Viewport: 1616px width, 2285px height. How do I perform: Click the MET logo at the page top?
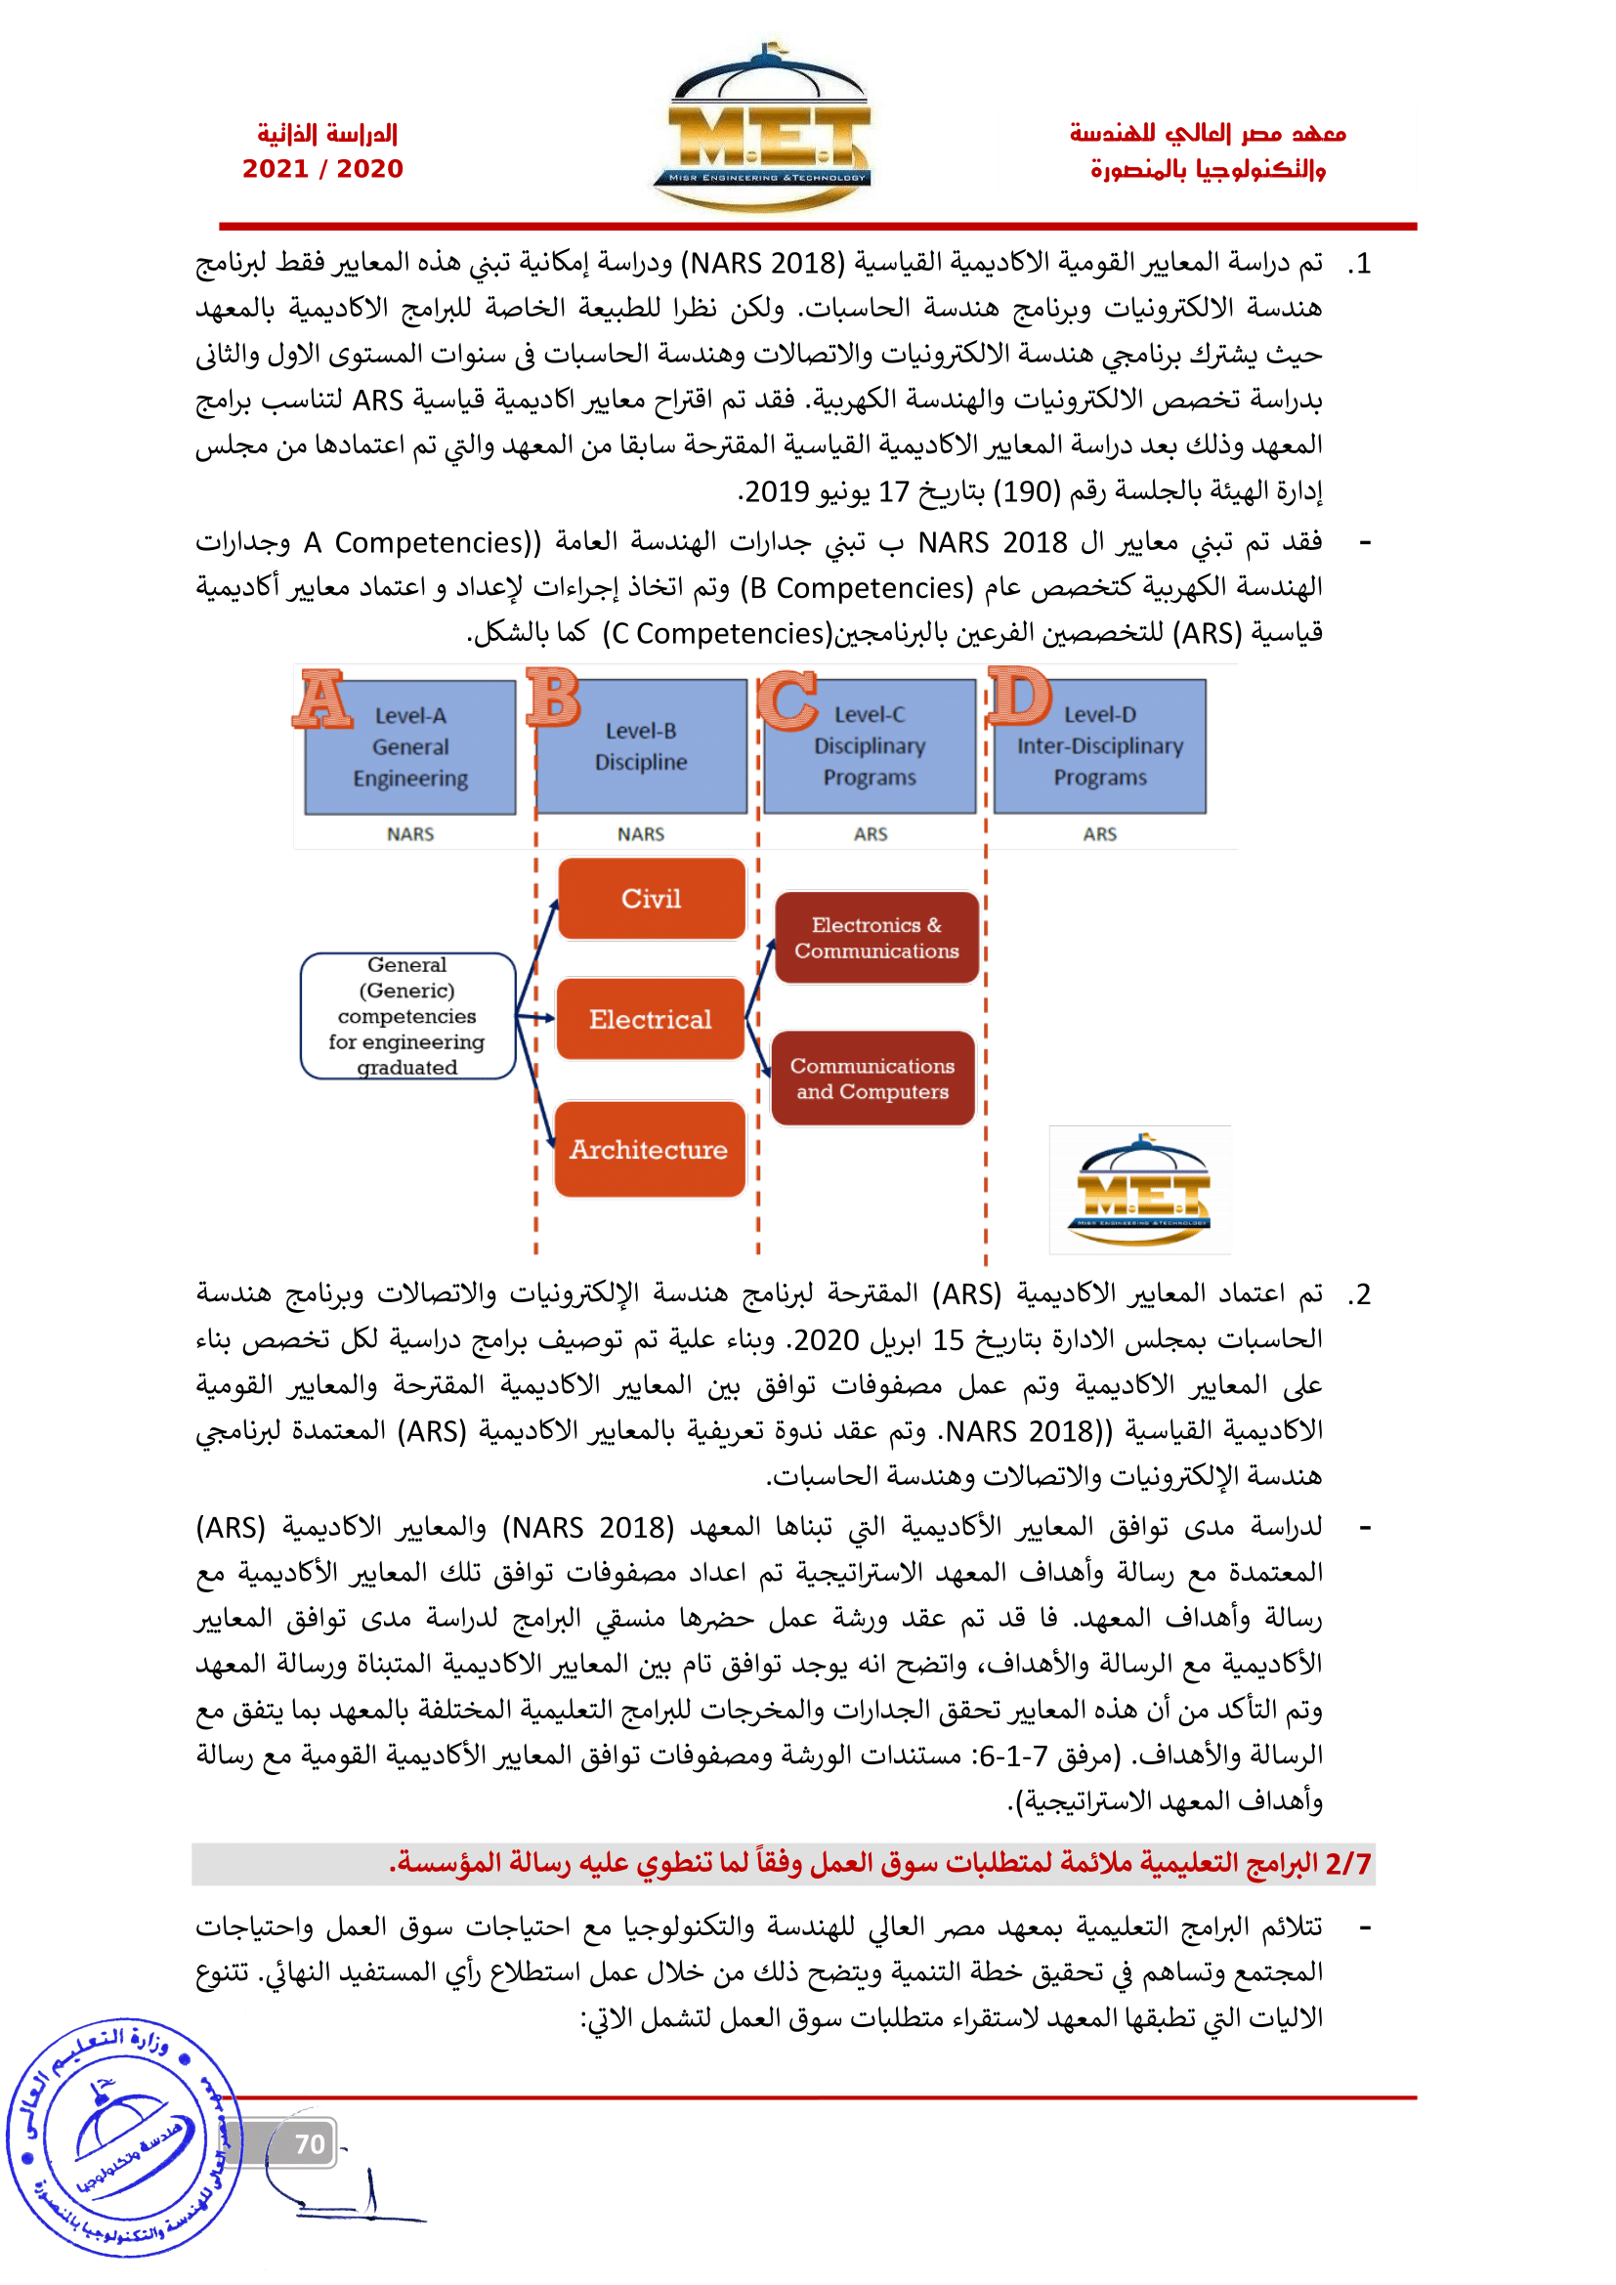[x=762, y=129]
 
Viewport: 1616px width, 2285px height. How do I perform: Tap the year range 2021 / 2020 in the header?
[x=322, y=169]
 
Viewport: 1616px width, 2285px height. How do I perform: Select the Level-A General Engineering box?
[x=410, y=747]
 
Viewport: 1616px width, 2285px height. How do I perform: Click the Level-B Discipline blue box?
[x=641, y=746]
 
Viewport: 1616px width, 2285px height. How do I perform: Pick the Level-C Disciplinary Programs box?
[x=870, y=746]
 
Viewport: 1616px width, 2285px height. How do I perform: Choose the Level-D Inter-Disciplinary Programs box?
[x=1099, y=746]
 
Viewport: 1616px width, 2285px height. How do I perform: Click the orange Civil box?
[x=652, y=899]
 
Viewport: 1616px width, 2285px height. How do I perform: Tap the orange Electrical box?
[x=651, y=1019]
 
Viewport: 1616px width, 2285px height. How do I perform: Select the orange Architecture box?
[x=649, y=1150]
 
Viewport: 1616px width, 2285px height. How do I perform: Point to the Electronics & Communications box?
[x=876, y=938]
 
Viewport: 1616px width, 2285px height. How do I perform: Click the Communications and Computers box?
[x=872, y=1079]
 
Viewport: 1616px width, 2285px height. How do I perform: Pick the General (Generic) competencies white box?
[x=407, y=1016]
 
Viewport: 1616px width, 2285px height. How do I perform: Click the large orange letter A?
[x=322, y=699]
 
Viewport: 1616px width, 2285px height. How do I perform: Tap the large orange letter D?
[x=1020, y=696]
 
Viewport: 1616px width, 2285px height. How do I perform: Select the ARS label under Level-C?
[x=871, y=834]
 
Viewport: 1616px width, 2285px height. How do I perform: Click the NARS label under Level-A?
[x=410, y=834]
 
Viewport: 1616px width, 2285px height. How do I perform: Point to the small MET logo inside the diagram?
[x=1140, y=1190]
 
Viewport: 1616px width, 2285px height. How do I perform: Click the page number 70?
[x=310, y=2143]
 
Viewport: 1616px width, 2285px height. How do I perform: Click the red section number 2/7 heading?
[x=1347, y=1863]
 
